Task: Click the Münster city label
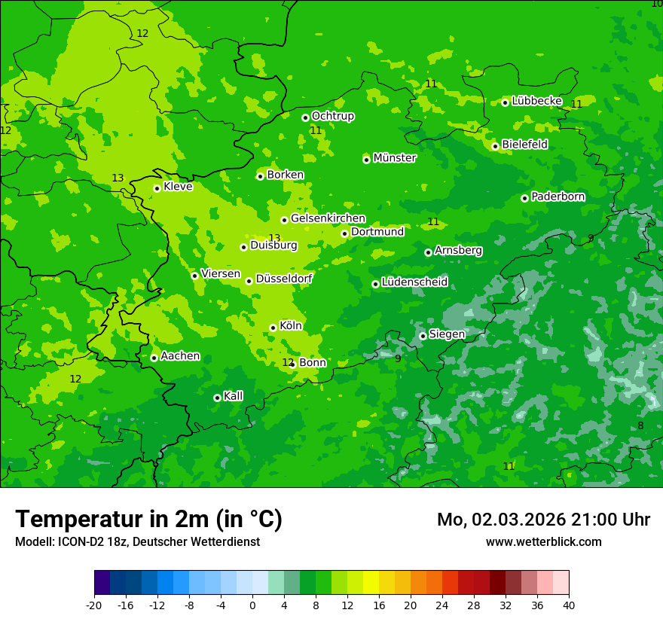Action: coord(394,158)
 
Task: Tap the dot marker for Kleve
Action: coord(157,188)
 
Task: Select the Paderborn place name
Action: coord(558,197)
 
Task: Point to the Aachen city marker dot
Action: coord(154,358)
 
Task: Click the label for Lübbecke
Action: coord(536,101)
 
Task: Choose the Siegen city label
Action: coord(447,334)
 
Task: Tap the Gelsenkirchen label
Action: coord(328,218)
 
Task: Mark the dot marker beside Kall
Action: coord(217,398)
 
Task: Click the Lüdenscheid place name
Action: coord(414,282)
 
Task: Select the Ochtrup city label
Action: coord(332,116)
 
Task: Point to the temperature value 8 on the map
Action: coord(640,425)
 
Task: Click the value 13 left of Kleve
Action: coord(118,178)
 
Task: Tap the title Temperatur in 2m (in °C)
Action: coord(148,519)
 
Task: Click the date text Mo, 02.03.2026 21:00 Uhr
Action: coord(543,520)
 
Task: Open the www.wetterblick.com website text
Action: coord(543,541)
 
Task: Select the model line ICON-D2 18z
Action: coord(137,541)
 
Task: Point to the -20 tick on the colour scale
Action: coord(94,605)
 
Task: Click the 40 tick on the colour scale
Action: coord(568,605)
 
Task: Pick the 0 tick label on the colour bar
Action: coord(252,605)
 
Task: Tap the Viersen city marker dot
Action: coord(194,276)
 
